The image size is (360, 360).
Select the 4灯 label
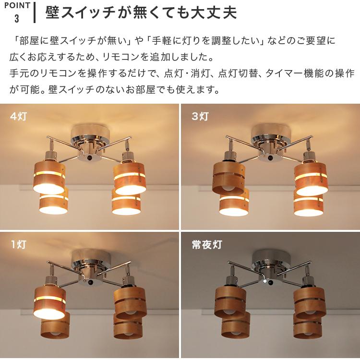click(19, 116)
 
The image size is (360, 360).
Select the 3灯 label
click(200, 116)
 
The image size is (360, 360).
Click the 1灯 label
click(19, 244)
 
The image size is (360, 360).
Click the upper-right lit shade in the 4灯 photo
click(130, 178)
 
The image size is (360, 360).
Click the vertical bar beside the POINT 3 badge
click(35, 13)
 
